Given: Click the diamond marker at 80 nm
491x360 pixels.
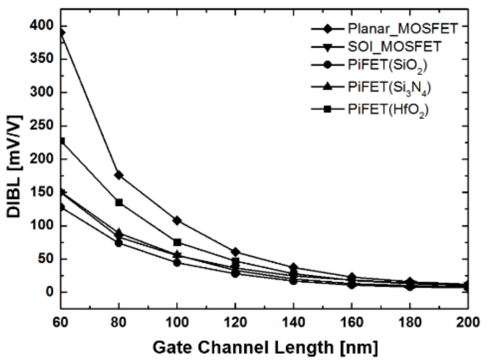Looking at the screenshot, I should [x=119, y=175].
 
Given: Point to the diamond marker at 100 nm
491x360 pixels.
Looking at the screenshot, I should [x=177, y=221].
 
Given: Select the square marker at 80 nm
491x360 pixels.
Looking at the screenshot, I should [x=119, y=203].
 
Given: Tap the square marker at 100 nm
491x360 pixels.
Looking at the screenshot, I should [x=177, y=242].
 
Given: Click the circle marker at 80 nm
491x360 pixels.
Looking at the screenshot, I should [x=119, y=243].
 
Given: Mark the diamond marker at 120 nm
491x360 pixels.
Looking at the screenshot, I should [x=235, y=252].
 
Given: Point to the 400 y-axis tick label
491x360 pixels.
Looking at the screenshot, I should [x=41, y=26].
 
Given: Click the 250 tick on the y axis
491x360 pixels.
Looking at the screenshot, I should [x=41, y=126].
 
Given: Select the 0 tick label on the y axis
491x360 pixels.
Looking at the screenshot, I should [x=49, y=292].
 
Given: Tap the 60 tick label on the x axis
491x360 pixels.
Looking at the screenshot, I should [x=60, y=322].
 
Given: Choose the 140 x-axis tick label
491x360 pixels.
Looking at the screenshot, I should [x=293, y=322].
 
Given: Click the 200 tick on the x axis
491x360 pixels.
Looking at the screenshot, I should [x=468, y=322].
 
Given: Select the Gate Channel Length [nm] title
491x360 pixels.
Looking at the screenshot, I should [x=265, y=347].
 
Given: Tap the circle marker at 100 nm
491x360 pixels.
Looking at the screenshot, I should [x=177, y=263].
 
